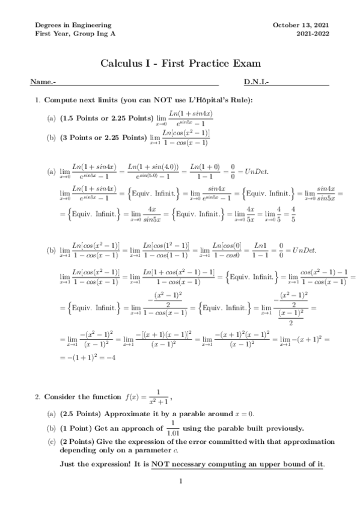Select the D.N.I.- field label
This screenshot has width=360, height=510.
pos(256,82)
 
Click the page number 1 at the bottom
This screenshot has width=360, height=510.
pos(180,481)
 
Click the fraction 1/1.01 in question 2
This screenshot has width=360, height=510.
pos(156,428)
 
